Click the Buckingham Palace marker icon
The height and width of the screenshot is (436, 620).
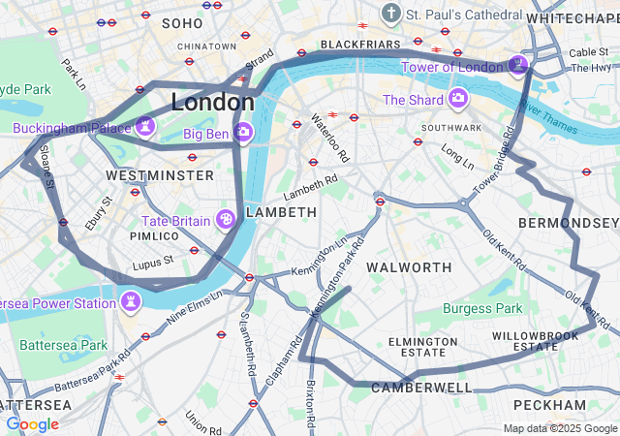point(145,126)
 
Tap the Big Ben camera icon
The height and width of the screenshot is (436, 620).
point(243,130)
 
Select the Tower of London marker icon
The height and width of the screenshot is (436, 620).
point(518,65)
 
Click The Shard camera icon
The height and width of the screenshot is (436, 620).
point(457,99)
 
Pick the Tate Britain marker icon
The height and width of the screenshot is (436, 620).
point(226,220)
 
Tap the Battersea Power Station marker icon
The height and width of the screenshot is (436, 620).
point(130,302)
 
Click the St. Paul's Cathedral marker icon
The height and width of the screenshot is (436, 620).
point(390,14)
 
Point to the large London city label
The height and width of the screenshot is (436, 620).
point(212,102)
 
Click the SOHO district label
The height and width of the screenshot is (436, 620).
point(183,22)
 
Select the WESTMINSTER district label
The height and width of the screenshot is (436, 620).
point(160,175)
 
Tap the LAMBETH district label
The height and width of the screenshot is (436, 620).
point(281,211)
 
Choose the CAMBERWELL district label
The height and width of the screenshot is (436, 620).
point(421,388)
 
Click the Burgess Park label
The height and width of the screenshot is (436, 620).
point(481,309)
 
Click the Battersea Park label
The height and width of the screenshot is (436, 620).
point(64,345)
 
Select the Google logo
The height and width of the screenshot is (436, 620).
point(32,424)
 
